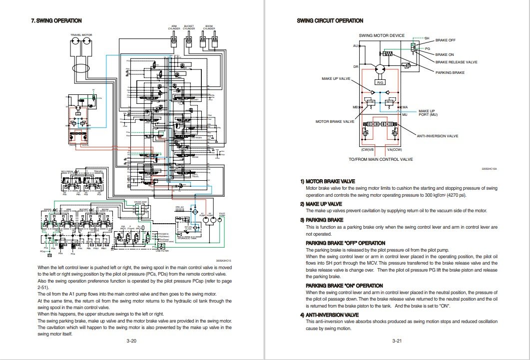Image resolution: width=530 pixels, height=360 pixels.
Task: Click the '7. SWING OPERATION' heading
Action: pos(56,20)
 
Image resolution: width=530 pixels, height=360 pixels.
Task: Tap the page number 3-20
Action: pos(131,341)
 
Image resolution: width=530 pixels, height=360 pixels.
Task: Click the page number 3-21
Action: pos(397,341)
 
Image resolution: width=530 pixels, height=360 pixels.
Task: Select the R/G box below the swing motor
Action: pos(380,82)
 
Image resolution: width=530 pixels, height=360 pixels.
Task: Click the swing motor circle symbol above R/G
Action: pos(381,69)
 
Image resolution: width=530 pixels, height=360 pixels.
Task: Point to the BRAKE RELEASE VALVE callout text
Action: pos(456,62)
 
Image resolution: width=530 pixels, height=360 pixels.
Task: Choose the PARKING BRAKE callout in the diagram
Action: pos(450,72)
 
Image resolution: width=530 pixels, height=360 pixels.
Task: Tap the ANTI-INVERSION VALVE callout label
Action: pos(437,136)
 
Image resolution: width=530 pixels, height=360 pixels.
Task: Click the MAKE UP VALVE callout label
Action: pos(336,79)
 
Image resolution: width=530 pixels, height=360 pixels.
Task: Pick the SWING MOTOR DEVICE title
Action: pos(382,35)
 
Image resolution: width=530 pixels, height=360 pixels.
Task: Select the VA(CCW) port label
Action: pos(395,149)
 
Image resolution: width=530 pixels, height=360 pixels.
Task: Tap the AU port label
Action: pos(356,46)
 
